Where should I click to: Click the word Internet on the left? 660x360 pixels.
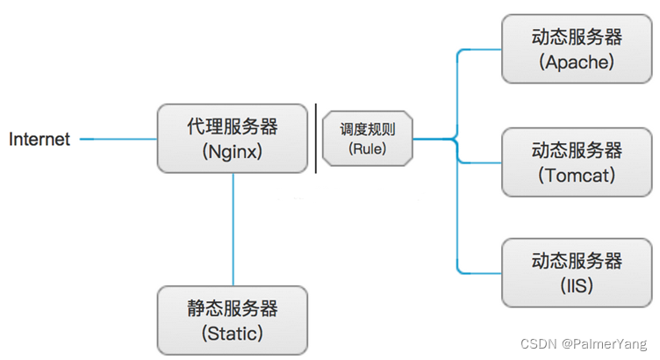[x=39, y=140]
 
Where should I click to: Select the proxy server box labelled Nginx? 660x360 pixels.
[x=233, y=139]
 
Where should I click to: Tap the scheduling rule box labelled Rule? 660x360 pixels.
[x=368, y=139]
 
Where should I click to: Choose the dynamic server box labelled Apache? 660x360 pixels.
[x=577, y=49]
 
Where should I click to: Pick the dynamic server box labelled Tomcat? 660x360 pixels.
[x=577, y=162]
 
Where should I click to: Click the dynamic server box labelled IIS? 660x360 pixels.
[x=577, y=273]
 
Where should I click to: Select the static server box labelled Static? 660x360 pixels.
[x=233, y=320]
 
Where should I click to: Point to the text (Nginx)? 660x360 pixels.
[x=233, y=151]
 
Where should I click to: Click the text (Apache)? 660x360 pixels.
[x=577, y=62]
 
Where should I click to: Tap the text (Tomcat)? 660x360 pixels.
[x=577, y=175]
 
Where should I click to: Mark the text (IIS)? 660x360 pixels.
[x=577, y=286]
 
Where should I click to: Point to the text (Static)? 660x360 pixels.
[x=233, y=333]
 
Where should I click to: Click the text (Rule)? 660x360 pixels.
[x=368, y=148]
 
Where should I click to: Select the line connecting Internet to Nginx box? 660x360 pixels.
[x=118, y=139]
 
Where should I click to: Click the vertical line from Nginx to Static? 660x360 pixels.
[x=233, y=228]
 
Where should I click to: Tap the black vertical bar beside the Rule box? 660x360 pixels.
[x=316, y=139]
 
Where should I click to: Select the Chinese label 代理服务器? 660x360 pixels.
[x=233, y=126]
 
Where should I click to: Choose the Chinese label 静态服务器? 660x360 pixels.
[x=233, y=308]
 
